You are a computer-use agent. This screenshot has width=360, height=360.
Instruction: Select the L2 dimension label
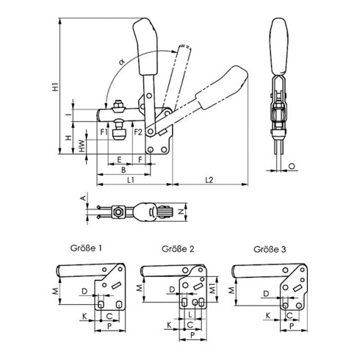point(210,178)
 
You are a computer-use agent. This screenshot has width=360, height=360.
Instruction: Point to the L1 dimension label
point(129,178)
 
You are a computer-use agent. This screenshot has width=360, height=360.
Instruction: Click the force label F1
point(104,132)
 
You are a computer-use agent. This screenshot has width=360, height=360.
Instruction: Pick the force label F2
point(137,132)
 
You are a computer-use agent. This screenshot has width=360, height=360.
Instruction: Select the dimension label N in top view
point(181,212)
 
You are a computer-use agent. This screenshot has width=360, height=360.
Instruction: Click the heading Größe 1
point(82,248)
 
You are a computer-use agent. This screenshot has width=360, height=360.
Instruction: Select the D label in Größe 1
point(85,292)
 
